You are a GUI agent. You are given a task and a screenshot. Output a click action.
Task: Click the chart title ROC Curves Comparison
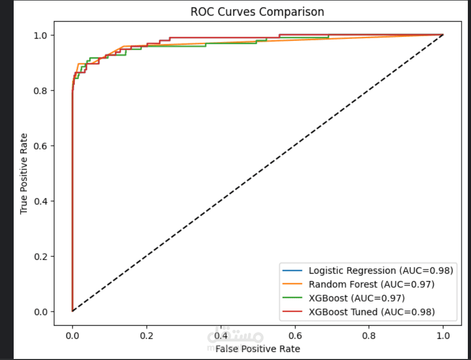257,11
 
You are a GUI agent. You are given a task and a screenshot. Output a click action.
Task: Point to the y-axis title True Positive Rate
24,173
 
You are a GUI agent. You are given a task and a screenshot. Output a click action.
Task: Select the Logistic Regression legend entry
380,271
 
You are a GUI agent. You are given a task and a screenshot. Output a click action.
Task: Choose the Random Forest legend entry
371,284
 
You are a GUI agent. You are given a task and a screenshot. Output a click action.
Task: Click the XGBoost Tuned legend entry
372,312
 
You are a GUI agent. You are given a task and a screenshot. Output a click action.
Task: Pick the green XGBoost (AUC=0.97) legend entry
356,298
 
